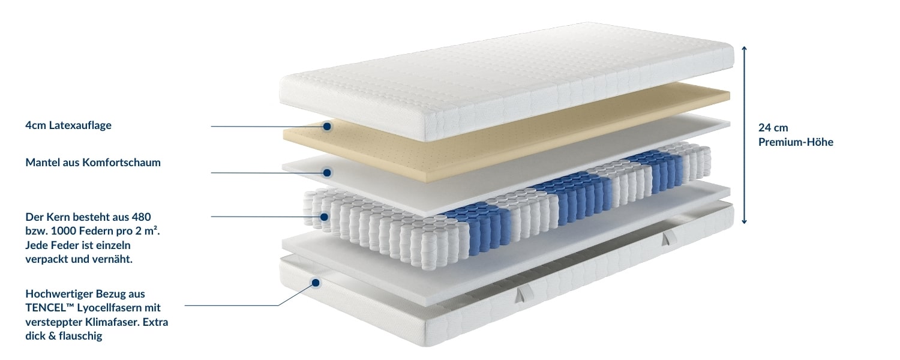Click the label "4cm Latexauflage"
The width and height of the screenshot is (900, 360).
(x=68, y=125)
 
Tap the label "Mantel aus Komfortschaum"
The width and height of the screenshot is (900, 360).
(x=93, y=163)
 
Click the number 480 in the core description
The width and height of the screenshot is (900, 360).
(x=141, y=217)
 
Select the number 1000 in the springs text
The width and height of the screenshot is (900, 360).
(x=61, y=231)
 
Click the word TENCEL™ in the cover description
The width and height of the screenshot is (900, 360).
(x=49, y=307)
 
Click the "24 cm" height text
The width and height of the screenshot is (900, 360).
(x=773, y=128)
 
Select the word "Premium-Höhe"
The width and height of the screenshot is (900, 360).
(x=796, y=142)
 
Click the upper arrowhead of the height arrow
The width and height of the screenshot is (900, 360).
(x=744, y=49)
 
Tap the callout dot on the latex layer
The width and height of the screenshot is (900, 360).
(x=327, y=127)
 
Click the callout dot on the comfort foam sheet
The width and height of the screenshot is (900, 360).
(x=327, y=173)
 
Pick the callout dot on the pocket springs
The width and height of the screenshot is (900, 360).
(x=324, y=217)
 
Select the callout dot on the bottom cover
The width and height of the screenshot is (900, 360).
(x=316, y=283)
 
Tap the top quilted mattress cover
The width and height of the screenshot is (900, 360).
(x=506, y=80)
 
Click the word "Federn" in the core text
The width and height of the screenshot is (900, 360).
(x=94, y=231)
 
